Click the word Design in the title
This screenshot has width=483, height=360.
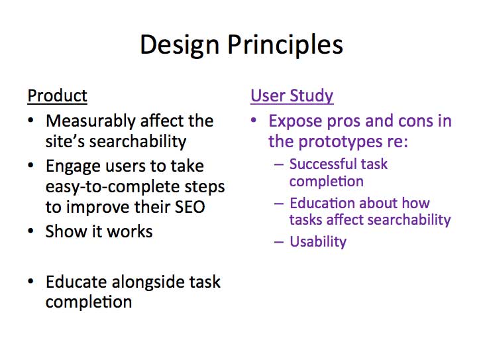click(x=180, y=45)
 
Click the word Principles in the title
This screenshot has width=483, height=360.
click(x=286, y=45)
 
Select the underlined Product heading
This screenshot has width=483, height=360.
click(x=57, y=96)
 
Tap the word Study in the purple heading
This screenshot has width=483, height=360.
click(x=311, y=96)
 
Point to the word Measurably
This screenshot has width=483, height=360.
click(x=91, y=121)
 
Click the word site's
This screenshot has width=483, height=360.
click(x=65, y=141)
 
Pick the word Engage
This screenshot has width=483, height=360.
click(x=74, y=167)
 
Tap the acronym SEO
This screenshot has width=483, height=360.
click(x=189, y=207)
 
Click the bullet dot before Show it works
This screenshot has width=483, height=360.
click(x=30, y=231)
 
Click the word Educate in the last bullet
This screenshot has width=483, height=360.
click(x=77, y=282)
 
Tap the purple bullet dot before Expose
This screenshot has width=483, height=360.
click(x=254, y=120)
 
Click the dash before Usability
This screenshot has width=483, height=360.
click(x=279, y=242)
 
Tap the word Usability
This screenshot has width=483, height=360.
click(x=318, y=241)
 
